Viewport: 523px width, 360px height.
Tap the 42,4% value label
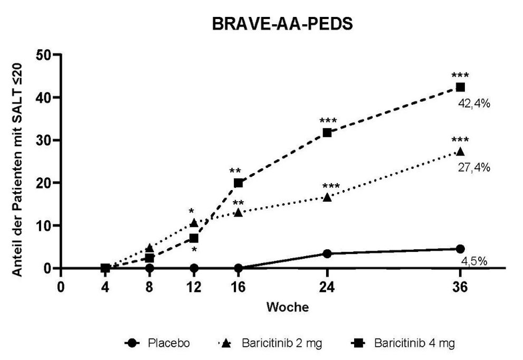coord(474,103)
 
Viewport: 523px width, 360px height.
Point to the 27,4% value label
coord(474,167)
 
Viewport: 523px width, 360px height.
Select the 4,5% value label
coord(474,261)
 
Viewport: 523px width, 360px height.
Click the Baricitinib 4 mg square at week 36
coord(460,87)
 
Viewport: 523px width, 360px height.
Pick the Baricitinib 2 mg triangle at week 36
coord(460,151)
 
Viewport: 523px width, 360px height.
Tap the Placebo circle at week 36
coord(460,249)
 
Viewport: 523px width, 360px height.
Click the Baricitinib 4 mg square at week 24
coord(327,132)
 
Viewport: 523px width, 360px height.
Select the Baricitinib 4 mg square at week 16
coord(239,183)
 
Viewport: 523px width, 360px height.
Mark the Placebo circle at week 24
coord(327,253)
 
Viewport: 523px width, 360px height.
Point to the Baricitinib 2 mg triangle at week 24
coord(327,197)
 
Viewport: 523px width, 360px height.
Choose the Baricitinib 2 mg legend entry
coord(272,344)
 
